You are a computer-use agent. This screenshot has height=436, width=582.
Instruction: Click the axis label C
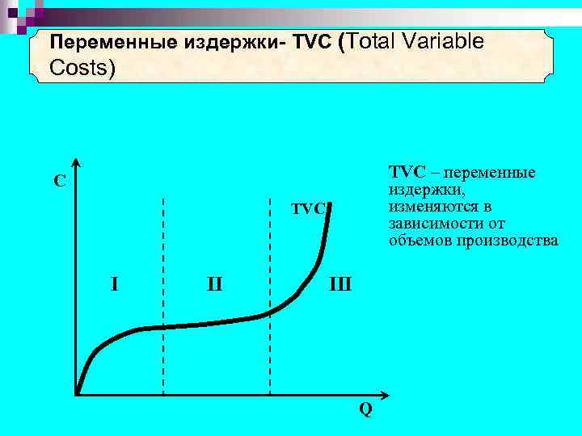pyautogui.click(x=60, y=181)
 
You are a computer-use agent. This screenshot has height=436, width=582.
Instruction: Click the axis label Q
pyautogui.click(x=365, y=410)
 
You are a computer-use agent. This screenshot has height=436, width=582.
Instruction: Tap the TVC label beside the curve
pyautogui.click(x=308, y=209)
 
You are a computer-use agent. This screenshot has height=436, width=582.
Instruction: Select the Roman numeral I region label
pyautogui.click(x=115, y=283)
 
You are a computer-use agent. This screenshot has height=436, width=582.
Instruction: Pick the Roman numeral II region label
pyautogui.click(x=214, y=284)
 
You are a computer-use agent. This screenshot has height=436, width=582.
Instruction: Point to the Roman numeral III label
pyautogui.click(x=339, y=284)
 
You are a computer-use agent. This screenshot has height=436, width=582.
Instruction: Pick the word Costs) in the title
pyautogui.click(x=82, y=68)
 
